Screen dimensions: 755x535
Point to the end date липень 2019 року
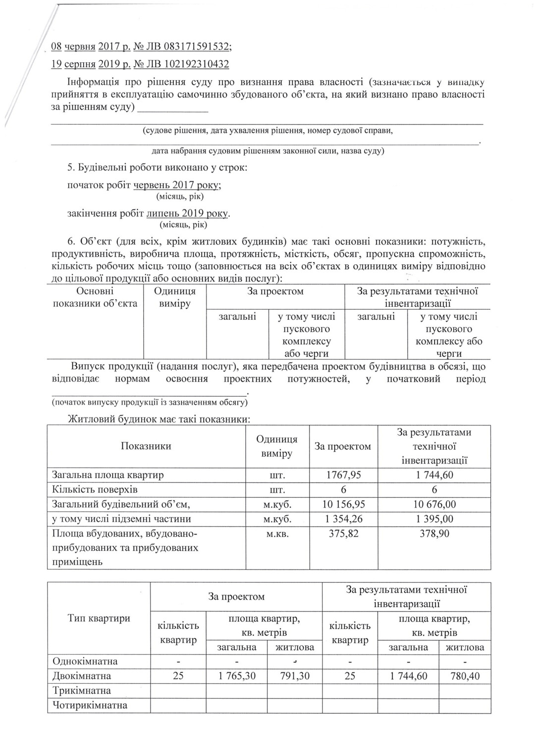(x=188, y=214)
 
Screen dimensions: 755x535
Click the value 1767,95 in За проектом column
(x=343, y=475)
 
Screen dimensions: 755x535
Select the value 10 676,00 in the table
(x=434, y=505)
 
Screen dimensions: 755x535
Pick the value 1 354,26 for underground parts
(x=343, y=519)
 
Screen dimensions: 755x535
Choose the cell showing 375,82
(x=343, y=534)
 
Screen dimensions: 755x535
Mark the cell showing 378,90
(x=434, y=534)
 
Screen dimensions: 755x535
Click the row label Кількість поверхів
(x=95, y=490)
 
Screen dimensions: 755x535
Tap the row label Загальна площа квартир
(x=107, y=475)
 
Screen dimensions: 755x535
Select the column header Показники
(x=146, y=446)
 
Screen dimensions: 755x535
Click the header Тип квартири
(x=99, y=618)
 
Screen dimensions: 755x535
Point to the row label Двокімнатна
(x=82, y=676)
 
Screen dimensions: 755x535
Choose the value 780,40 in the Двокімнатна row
(x=465, y=676)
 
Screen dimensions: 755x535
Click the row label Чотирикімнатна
(x=90, y=706)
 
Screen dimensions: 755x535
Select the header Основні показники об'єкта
(x=95, y=297)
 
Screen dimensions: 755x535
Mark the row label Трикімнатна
(x=82, y=691)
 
